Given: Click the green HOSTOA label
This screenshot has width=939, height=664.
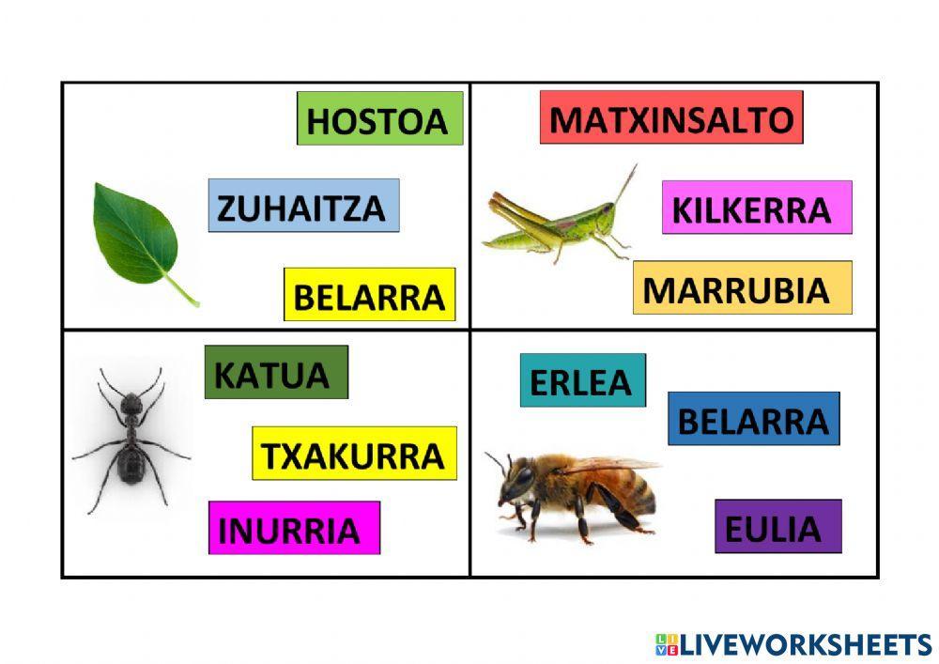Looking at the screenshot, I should click(379, 118).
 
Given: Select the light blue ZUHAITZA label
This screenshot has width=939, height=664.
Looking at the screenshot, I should click(303, 206).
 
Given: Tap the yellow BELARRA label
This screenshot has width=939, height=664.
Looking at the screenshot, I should click(369, 295).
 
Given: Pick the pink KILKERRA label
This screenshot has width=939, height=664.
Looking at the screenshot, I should click(756, 208).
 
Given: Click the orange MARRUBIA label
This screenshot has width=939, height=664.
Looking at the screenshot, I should click(742, 287).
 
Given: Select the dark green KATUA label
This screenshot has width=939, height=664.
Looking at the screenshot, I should click(276, 372).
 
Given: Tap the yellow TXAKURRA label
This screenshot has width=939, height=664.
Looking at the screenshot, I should click(354, 454).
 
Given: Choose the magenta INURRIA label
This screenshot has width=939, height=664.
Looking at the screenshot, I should click(294, 528).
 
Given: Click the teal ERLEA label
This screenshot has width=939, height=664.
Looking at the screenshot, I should click(582, 380).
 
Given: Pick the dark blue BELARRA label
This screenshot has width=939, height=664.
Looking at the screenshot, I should click(753, 419).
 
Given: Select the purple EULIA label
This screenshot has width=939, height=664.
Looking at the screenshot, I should click(777, 527).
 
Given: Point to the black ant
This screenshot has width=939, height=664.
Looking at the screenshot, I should click(131, 440).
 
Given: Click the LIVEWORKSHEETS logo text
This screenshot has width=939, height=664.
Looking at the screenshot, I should click(803, 644).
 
